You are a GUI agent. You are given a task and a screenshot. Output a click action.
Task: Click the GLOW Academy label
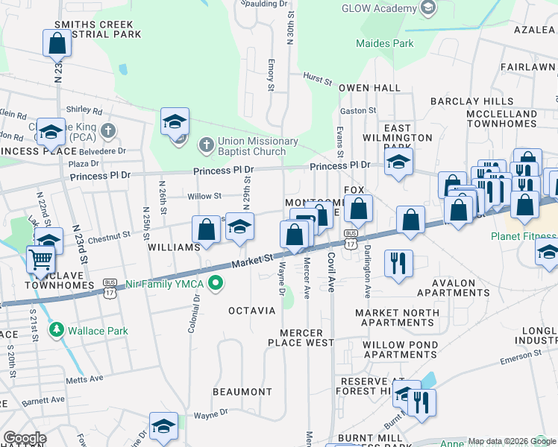coord(378,9)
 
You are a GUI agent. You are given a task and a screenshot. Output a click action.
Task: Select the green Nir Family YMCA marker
coord(216,282)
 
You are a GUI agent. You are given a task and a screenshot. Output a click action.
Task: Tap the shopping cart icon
coord(41,261)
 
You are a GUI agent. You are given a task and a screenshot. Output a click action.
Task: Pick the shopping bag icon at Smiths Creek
coord(57,45)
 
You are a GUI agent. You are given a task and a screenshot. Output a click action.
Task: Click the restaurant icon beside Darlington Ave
coord(398,262)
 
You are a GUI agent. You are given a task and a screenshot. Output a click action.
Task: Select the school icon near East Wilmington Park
coord(399,162)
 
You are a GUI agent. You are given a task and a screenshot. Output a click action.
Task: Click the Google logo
coord(25,438)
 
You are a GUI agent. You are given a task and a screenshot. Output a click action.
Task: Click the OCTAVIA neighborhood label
coord(251,310)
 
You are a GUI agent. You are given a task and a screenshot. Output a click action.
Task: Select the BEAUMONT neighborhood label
coord(242,392)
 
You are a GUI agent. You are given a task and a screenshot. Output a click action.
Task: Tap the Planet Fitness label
coord(523,237)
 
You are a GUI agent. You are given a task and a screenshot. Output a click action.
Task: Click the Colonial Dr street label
coord(195,313)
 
